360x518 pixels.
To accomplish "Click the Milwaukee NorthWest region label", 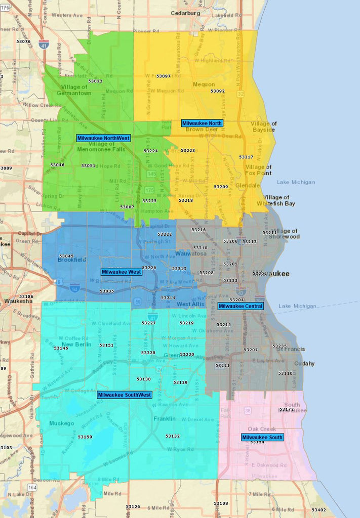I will [x=104, y=138].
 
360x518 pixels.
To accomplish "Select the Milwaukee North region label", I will [x=202, y=123].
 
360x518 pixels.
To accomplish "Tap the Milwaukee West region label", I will [x=122, y=272].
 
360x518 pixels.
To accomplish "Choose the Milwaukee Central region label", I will [x=241, y=306].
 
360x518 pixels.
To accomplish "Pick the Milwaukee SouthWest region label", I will [x=125, y=395].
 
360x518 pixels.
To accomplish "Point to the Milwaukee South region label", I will [x=262, y=437].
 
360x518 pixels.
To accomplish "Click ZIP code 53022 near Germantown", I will [x=95, y=81].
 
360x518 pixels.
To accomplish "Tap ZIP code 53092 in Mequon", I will [x=218, y=91].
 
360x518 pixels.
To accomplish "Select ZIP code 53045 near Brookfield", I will [x=66, y=256].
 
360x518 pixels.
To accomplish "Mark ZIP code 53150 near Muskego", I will [x=85, y=437].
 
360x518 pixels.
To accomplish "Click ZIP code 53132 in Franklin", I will [x=173, y=436].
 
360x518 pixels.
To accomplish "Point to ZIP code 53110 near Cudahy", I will [x=286, y=373].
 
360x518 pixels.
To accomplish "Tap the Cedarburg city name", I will [x=186, y=13].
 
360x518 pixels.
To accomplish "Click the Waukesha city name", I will [x=18, y=300].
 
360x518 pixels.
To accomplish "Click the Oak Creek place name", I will [x=262, y=429].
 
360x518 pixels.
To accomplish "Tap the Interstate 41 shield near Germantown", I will [x=44, y=44].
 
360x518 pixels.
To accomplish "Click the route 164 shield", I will [x=32, y=487].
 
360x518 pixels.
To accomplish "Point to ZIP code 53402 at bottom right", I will [x=319, y=510].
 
